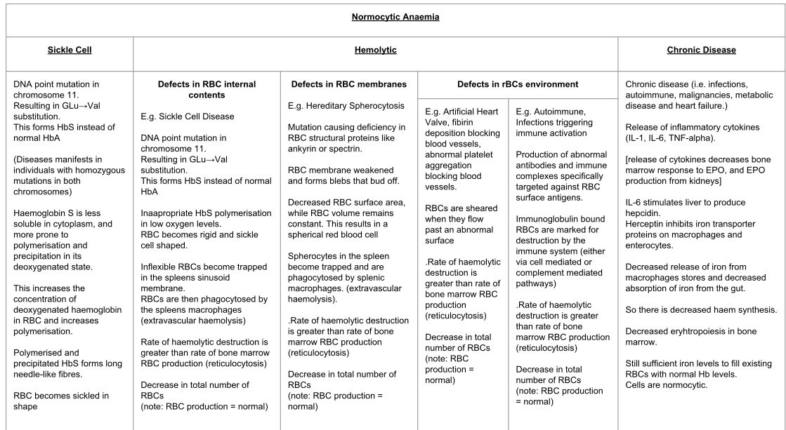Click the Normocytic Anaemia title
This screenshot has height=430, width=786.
pos(395,17)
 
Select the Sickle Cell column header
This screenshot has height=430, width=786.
pos(70,51)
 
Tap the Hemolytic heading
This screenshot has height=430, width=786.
pos(375,51)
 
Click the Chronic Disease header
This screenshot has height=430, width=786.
pos(701,51)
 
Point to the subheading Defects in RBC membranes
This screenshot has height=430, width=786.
pos(348,84)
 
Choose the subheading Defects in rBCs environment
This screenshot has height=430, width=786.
pos(518,84)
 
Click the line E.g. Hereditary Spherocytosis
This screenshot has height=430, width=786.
pos(346,106)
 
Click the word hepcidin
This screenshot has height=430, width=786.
pos(644,214)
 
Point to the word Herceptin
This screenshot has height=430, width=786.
pos(646,224)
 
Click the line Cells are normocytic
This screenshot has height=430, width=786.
pos(667,386)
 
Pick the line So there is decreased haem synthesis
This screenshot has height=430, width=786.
pos(701,310)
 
